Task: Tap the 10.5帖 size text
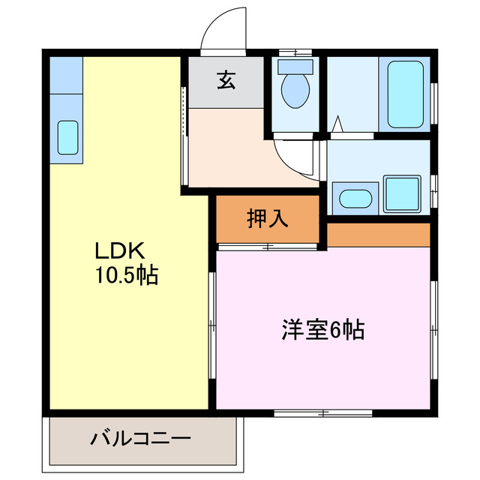(x=125, y=275)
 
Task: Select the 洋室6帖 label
(x=323, y=329)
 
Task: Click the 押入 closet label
(x=268, y=218)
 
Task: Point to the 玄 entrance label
(x=225, y=80)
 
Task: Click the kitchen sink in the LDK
(x=67, y=137)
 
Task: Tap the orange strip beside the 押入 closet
(x=378, y=234)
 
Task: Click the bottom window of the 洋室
(x=323, y=412)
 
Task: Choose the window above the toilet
(x=294, y=52)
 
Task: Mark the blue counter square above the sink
(x=67, y=74)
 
